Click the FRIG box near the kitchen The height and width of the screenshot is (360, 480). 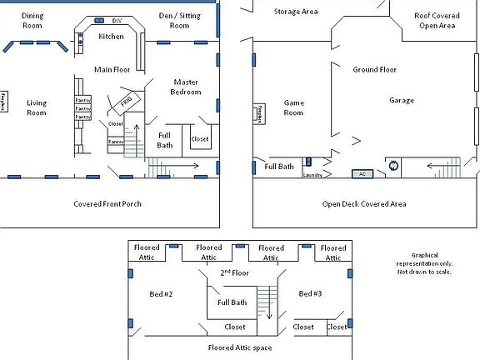point(127,101)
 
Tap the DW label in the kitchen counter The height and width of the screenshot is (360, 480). point(115,20)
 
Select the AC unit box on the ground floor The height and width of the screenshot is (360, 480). point(362,174)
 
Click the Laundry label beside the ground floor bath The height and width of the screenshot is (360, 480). point(313,175)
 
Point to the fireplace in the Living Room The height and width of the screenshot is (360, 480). point(4,101)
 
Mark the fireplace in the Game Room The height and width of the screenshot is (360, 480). point(259,113)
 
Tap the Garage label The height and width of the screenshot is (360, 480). point(402,100)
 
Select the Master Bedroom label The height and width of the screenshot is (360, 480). point(187,87)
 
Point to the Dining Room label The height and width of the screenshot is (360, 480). point(32,20)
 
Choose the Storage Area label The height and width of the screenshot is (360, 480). point(296,12)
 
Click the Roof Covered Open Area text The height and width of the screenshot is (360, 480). point(435,20)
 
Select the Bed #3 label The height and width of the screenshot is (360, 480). point(310,293)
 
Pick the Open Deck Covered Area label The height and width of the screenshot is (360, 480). point(364,203)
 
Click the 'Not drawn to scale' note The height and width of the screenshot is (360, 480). point(424,272)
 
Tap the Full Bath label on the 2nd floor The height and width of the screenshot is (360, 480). point(232,302)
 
